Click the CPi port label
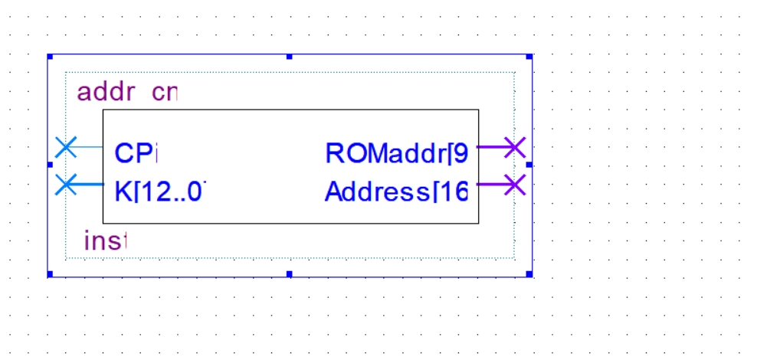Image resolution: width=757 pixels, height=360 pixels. point(136,153)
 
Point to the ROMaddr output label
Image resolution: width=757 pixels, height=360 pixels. point(396,153)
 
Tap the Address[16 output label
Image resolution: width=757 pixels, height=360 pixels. point(396,191)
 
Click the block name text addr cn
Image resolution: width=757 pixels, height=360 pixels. point(127,93)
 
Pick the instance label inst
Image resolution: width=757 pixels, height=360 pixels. point(105,241)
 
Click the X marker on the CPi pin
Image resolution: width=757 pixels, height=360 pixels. point(67,146)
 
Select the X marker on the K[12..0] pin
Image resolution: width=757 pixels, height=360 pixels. point(67,185)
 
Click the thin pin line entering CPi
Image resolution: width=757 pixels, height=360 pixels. point(90,146)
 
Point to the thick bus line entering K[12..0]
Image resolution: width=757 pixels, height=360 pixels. point(90,185)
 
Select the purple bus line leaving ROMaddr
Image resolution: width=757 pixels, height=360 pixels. point(490,146)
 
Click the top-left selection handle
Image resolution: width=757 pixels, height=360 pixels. point(50,57)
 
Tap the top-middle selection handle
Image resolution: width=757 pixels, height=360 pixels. point(290,57)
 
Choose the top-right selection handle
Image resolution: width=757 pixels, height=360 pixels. point(529,57)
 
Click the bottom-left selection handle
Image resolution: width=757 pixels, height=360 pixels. point(50,273)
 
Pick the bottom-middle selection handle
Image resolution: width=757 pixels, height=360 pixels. point(290,273)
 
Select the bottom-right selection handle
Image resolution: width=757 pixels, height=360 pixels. point(529,273)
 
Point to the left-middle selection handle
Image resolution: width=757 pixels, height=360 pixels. point(50,165)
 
